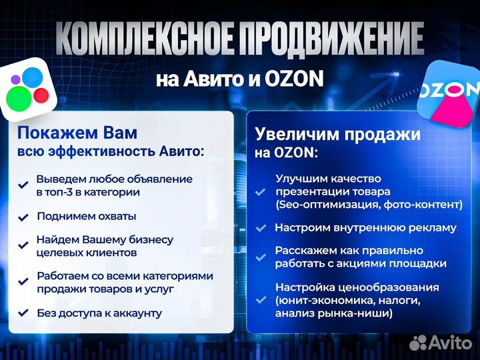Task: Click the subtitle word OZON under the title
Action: coord(294,79)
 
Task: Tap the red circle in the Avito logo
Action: coord(41,95)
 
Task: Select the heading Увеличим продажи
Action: coord(337,134)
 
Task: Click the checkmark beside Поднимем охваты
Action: coord(23,217)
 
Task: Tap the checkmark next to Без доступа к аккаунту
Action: coord(23,313)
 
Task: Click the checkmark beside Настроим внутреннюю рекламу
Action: coord(261,228)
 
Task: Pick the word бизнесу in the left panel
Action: coord(150,240)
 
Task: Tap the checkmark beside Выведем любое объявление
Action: coord(23,185)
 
